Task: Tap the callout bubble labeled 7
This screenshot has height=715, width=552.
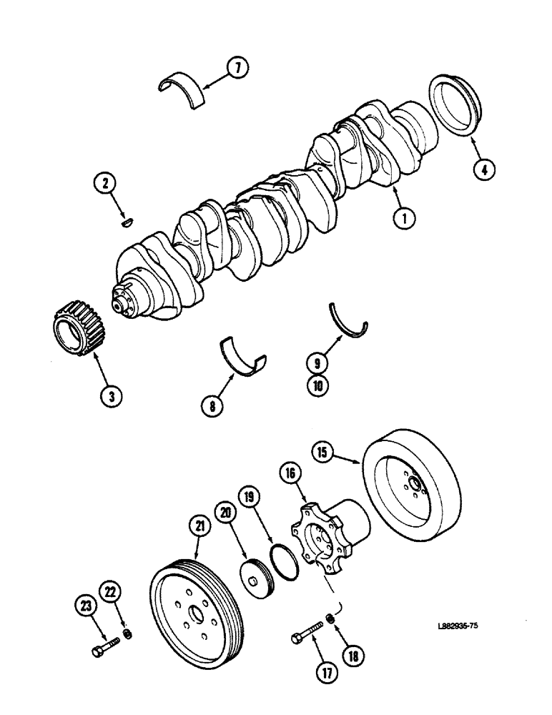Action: click(x=238, y=69)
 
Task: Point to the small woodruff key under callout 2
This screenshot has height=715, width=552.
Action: click(x=127, y=223)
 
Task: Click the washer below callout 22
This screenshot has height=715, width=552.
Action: click(x=127, y=633)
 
